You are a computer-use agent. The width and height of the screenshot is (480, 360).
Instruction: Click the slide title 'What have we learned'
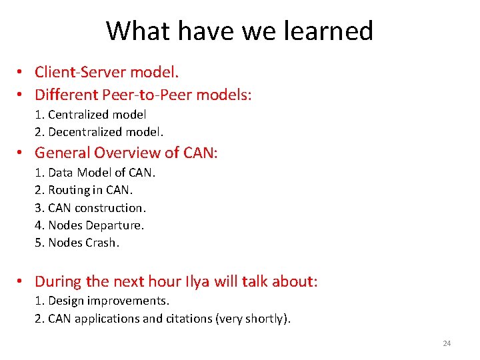pos(239,31)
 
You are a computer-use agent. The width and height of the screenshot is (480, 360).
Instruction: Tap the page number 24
pos(447,343)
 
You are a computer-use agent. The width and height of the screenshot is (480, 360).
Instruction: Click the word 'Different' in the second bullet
pos(65,95)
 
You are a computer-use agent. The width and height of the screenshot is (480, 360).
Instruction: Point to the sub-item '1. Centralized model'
pos(91,115)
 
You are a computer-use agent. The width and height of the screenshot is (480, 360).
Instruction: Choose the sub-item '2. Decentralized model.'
pos(99,131)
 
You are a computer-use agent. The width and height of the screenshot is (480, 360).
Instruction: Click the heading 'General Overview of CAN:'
pos(126,153)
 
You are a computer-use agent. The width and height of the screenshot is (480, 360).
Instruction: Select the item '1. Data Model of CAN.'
pos(95,173)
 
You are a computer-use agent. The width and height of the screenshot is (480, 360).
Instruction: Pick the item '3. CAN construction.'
pos(91,208)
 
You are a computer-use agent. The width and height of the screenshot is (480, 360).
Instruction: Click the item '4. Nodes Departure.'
pos(89,225)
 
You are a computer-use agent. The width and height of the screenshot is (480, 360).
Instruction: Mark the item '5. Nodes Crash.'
pos(77,243)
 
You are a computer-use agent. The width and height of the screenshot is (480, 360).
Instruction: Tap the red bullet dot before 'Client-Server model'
pos(22,73)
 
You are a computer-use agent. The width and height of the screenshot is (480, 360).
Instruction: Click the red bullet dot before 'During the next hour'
pos(22,282)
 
